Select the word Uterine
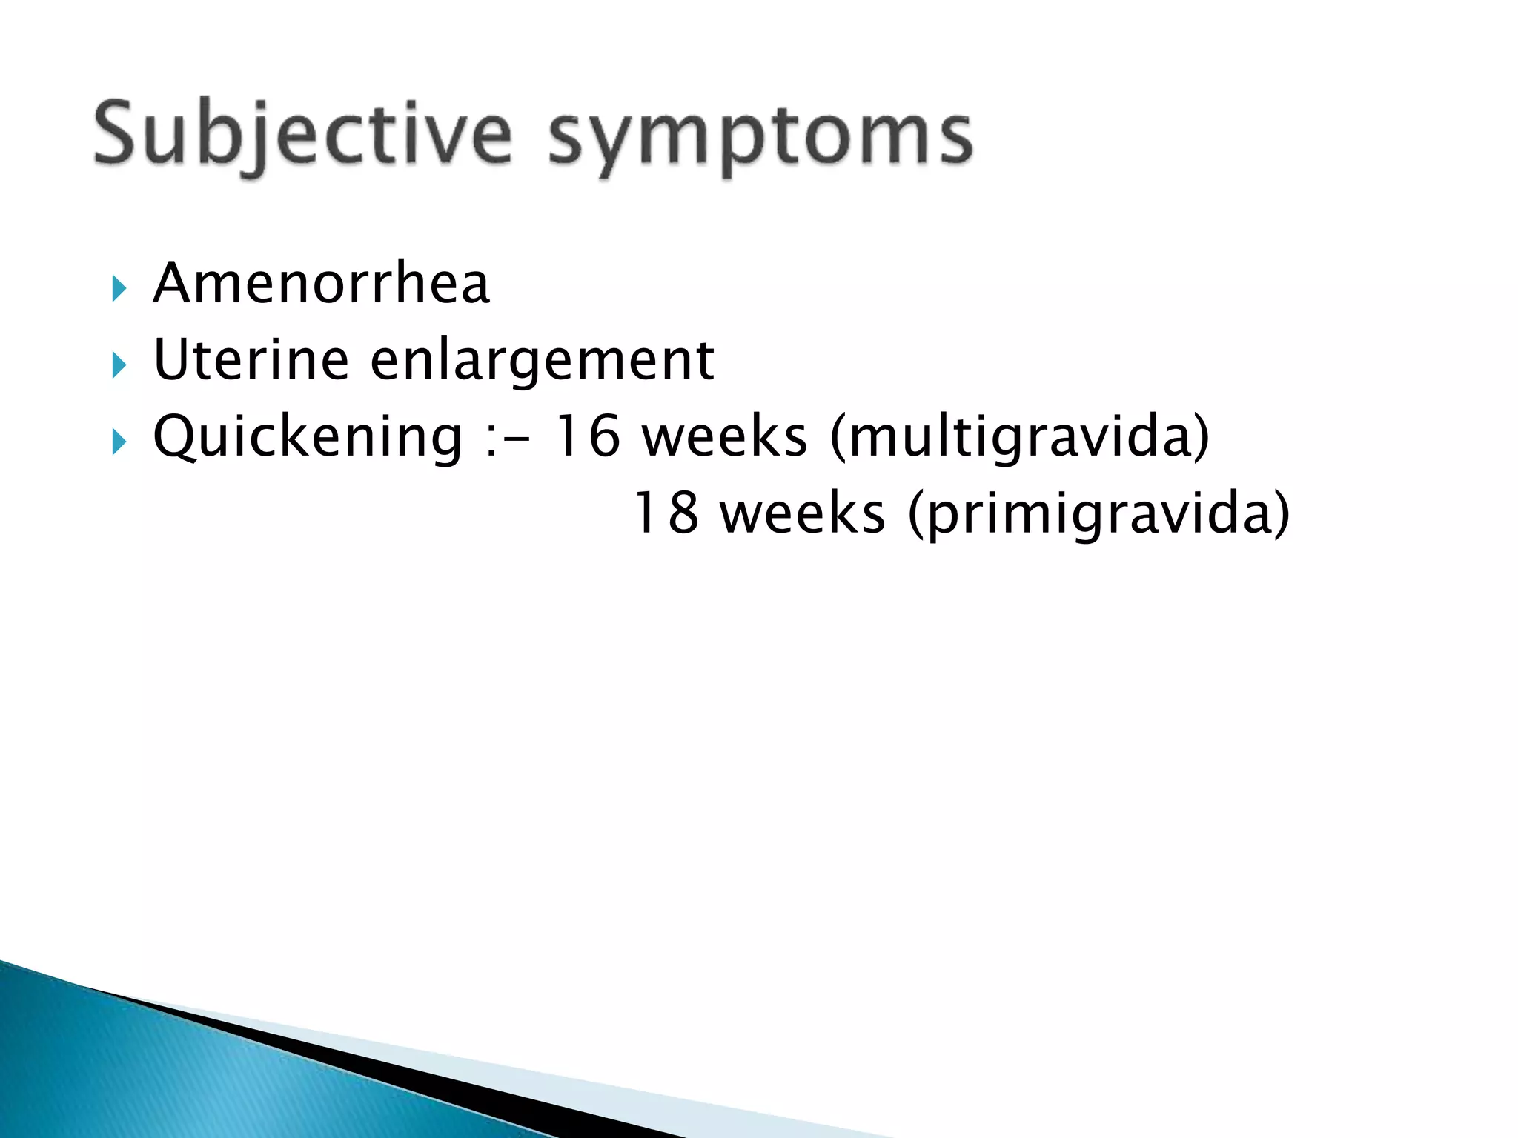251,359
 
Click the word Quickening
308,437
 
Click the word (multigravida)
1020,437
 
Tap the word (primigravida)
1099,514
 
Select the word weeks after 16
724,437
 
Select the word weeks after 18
803,513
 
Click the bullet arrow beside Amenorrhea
119,288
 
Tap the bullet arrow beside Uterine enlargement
119,365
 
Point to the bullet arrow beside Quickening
119,442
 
